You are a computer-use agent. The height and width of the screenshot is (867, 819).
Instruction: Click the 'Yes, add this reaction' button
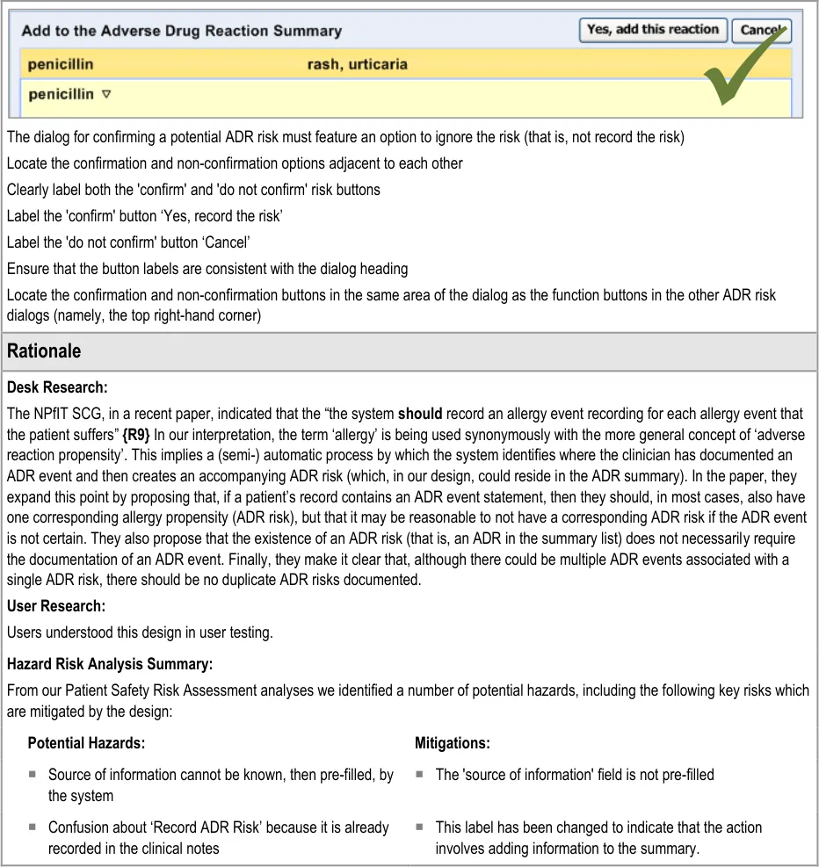tap(653, 30)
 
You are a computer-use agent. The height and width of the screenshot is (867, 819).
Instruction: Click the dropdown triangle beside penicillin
tap(106, 94)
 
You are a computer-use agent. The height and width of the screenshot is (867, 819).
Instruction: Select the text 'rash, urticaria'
tap(357, 64)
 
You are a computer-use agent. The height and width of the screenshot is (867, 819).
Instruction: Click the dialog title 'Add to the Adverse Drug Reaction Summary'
tap(181, 31)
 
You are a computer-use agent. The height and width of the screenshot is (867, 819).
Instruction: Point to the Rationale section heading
tap(44, 351)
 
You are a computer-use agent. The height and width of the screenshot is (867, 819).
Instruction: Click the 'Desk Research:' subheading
tap(57, 387)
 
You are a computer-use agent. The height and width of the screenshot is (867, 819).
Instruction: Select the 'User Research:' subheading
tap(56, 606)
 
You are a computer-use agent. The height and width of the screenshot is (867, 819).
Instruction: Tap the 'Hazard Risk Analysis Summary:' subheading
tap(110, 664)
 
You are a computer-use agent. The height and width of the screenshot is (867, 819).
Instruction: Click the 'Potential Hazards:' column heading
tap(86, 743)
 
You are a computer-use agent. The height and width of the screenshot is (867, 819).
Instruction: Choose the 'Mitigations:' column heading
tap(452, 743)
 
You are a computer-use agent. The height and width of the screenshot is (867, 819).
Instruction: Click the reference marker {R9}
tap(135, 434)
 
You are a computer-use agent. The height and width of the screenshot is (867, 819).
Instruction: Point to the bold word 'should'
tap(420, 414)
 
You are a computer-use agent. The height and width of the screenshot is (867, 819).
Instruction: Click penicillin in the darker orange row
tap(60, 64)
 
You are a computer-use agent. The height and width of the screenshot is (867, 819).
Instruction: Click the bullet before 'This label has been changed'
tap(420, 827)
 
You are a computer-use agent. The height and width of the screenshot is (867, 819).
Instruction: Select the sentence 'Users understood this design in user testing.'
tap(140, 632)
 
